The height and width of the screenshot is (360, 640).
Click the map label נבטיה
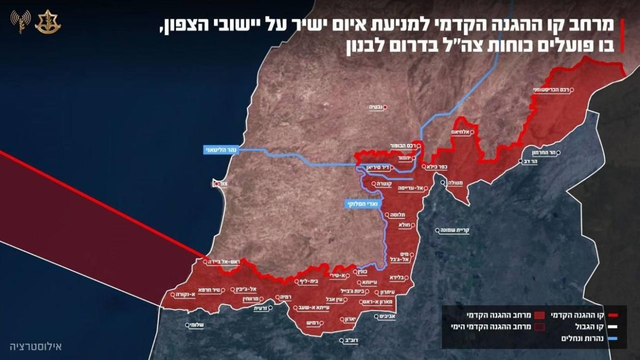(377, 107)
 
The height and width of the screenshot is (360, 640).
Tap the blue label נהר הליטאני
(221, 150)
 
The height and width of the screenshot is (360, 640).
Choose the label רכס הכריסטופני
(550, 91)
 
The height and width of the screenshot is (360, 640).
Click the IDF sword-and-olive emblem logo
(48, 22)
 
